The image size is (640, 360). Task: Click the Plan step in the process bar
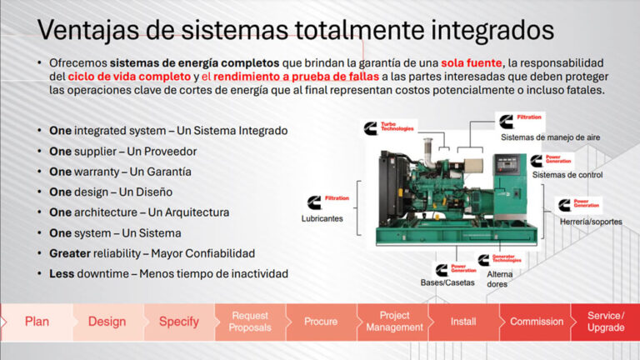(37, 322)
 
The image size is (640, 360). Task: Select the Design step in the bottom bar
(107, 322)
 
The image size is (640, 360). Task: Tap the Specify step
(178, 322)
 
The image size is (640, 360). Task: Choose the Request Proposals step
(250, 322)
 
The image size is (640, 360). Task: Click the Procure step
(321, 322)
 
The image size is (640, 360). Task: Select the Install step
(463, 322)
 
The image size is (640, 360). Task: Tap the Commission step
(536, 322)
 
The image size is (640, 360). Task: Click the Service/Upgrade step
(605, 322)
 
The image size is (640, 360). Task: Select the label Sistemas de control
(567, 175)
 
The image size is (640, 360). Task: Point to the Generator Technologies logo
(500, 260)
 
